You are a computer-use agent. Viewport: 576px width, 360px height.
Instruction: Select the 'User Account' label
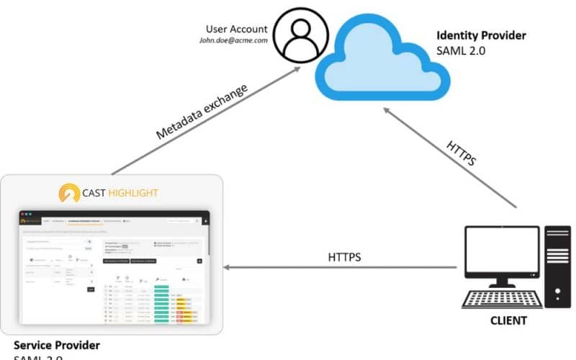[x=236, y=30]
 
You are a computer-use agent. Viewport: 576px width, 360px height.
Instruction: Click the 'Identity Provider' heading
[x=481, y=35]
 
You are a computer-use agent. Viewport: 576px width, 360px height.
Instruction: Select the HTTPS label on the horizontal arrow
[x=344, y=256]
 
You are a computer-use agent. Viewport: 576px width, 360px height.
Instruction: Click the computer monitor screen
[x=502, y=253]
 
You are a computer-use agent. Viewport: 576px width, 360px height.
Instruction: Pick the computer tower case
[x=557, y=266]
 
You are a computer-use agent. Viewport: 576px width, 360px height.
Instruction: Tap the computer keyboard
[x=502, y=298]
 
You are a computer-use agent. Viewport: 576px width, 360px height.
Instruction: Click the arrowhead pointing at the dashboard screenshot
[x=226, y=268]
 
